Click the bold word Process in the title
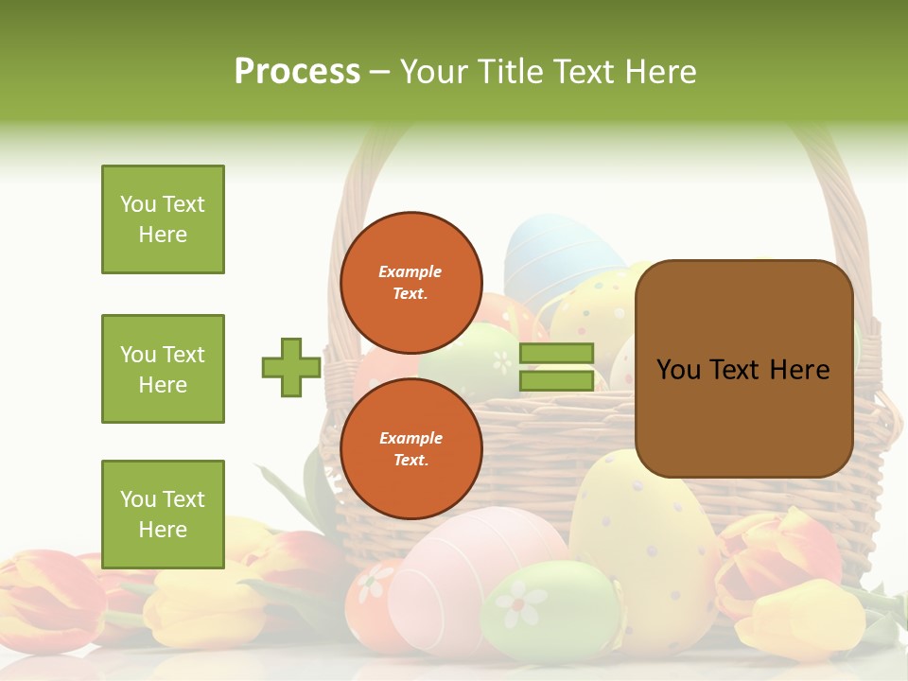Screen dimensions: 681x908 [297, 71]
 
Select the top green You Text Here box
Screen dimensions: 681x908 [163, 219]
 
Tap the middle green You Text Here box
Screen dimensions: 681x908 [163, 369]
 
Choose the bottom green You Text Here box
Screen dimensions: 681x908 [163, 514]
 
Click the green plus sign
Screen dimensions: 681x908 [291, 367]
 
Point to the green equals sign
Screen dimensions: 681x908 [556, 367]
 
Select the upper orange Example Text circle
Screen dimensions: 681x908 [410, 282]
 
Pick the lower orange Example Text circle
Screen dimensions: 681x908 [410, 448]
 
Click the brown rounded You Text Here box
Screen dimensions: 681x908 [743, 369]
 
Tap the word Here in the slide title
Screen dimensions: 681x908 [662, 71]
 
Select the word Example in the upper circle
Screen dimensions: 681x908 [410, 271]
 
